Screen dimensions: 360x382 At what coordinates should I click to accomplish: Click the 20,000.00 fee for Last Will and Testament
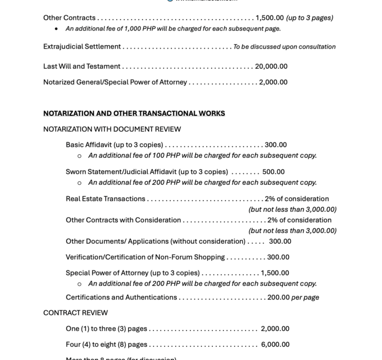[x=271, y=67]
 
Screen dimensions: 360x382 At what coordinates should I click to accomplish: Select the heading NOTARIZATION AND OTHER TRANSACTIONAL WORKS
[x=134, y=113]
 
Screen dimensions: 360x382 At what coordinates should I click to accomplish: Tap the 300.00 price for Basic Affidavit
[x=276, y=145]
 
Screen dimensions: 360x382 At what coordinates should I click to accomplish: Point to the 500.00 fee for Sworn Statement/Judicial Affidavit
[x=273, y=172]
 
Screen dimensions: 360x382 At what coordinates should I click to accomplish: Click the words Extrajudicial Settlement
[x=82, y=47]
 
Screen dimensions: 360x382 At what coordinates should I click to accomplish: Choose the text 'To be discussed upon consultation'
[x=284, y=47]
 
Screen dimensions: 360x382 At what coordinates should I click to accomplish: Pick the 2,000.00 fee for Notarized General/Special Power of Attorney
[x=273, y=82]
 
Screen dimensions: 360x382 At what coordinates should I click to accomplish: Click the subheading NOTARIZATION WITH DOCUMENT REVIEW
[x=112, y=129]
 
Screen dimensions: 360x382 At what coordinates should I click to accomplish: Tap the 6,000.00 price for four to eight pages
[x=275, y=345]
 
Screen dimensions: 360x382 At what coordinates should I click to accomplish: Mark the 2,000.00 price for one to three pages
[x=275, y=329]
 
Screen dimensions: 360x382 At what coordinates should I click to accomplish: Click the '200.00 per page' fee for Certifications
[x=293, y=298]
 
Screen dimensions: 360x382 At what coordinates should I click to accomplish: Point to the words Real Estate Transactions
[x=105, y=199]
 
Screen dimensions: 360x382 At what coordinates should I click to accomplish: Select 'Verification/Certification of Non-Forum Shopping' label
[x=145, y=257]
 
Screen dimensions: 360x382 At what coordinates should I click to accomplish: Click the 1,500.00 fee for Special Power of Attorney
[x=275, y=273]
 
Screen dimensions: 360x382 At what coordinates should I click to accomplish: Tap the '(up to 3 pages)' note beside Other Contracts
[x=309, y=18]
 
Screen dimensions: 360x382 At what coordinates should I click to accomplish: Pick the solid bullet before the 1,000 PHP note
[x=57, y=29]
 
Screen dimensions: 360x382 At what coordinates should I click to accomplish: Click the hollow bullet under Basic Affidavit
[x=79, y=156]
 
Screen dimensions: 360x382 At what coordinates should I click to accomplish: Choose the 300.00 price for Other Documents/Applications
[x=280, y=242]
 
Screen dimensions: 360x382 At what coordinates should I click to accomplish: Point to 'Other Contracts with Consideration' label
[x=123, y=220]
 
